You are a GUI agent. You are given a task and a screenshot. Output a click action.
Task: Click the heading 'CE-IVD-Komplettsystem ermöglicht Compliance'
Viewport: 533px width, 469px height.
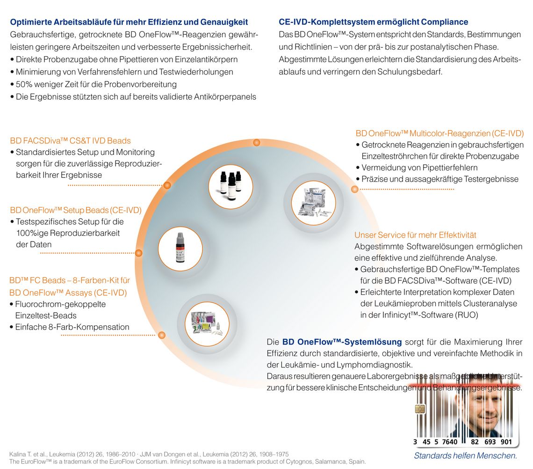pos(373,22)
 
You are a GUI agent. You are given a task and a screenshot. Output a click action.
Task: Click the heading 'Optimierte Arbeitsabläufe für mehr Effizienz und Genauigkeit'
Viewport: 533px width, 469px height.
pos(129,22)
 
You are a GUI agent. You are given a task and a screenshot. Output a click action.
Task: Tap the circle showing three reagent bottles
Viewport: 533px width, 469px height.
pos(230,185)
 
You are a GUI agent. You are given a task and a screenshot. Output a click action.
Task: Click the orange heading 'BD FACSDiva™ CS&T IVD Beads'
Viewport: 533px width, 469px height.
pos(70,140)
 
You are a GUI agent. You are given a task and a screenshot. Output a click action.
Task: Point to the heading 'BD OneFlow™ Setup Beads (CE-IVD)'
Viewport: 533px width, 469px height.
pos(76,210)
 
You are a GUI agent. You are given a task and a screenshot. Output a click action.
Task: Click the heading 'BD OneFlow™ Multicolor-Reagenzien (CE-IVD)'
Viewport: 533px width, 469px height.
pos(439,133)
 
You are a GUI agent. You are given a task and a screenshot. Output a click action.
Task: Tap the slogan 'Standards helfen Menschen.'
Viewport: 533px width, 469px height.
pos(465,455)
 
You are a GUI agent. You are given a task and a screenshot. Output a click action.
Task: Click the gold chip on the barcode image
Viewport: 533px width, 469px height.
pos(420,410)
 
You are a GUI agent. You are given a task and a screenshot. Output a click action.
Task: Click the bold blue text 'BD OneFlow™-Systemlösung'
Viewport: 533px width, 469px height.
pos(342,342)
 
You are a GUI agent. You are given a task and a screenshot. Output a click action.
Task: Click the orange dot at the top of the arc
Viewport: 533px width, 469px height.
pos(256,142)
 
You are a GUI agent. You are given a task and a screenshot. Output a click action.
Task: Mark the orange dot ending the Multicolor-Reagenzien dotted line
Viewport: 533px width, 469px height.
pos(354,189)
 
